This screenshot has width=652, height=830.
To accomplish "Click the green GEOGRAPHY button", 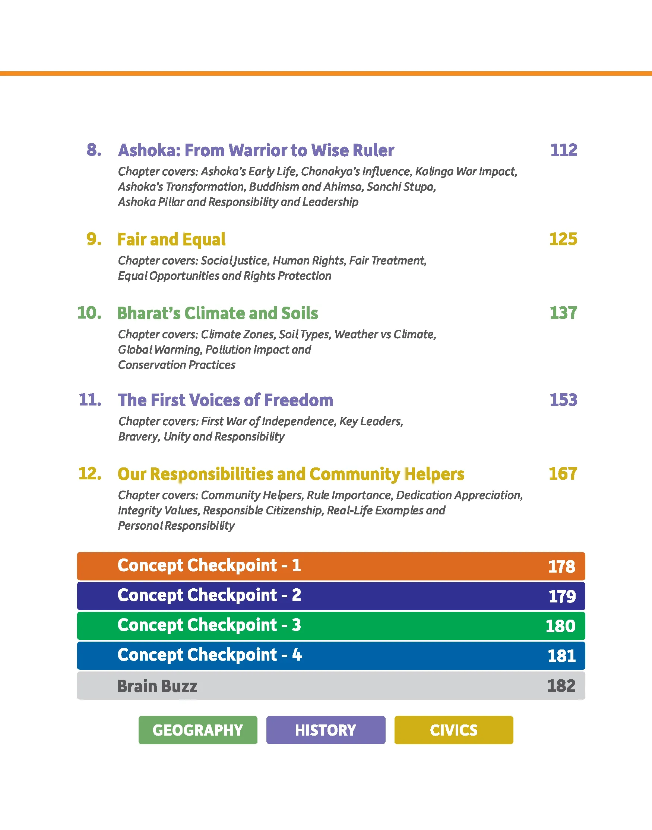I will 198,730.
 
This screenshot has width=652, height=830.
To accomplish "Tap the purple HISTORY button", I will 326,730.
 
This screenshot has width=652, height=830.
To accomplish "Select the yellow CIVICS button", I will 453,730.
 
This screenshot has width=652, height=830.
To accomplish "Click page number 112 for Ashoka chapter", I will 563,150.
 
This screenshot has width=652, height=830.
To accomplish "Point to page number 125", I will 563,239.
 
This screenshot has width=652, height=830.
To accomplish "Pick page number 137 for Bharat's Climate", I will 563,313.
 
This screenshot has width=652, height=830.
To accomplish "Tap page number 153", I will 563,400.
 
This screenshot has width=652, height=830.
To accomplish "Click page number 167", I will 563,473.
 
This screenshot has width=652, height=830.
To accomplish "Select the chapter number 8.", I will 94,150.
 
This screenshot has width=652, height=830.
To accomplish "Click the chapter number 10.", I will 89,313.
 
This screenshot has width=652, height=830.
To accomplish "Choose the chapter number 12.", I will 90,473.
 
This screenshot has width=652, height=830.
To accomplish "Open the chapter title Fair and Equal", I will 171,239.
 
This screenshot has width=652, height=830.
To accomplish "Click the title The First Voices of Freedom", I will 225,400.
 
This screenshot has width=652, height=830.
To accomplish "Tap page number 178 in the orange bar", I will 561,566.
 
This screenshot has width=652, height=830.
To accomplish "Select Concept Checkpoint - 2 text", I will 209,595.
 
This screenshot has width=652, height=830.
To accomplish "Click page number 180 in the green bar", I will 560,626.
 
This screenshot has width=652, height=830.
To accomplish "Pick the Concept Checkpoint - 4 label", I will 209,655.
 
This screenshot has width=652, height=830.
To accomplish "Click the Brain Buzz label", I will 157,686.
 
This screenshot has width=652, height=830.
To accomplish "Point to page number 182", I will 561,686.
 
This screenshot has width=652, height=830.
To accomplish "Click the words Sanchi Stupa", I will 401,187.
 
